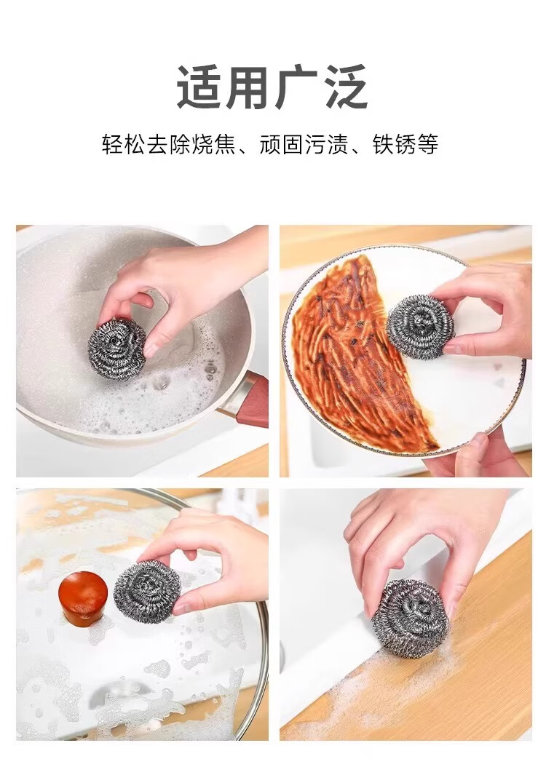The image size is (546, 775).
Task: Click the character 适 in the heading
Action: pos(199,87)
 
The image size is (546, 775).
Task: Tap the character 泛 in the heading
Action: pos(345,87)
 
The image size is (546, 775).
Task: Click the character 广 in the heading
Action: pos(297,87)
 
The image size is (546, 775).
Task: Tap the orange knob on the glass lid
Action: pos(83,596)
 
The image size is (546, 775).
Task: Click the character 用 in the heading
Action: pos(249,87)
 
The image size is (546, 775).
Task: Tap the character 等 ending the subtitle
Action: pos(428,145)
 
